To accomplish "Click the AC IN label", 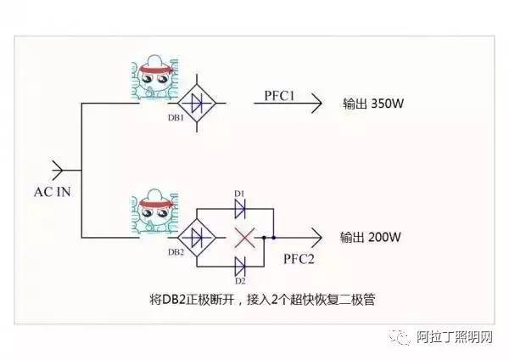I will (53, 192).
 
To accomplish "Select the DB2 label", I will (176, 252).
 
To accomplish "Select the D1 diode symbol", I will (239, 208).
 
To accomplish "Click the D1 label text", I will (239, 194).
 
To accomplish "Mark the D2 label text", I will (239, 279).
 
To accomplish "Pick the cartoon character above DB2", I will (153, 215).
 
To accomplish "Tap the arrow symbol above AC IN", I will (60, 167).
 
